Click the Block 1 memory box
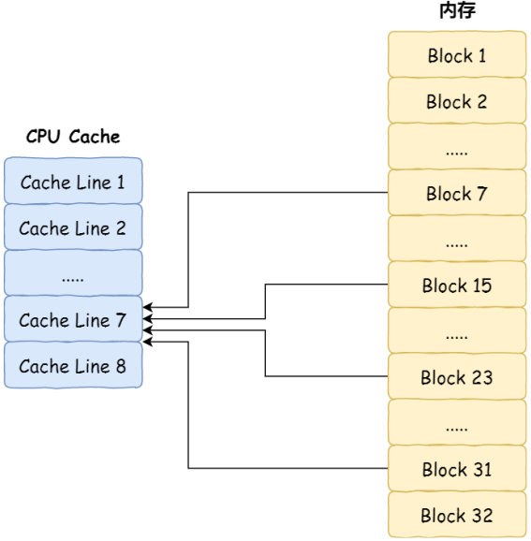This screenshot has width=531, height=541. click(x=457, y=54)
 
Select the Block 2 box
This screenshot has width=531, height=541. click(x=457, y=100)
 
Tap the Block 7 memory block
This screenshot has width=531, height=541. click(x=457, y=193)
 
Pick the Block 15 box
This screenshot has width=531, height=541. click(x=457, y=285)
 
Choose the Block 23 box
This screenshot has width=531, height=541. click(x=457, y=376)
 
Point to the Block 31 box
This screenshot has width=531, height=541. click(x=457, y=468)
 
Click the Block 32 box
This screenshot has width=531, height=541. click(x=457, y=515)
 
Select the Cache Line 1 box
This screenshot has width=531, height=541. click(x=73, y=181)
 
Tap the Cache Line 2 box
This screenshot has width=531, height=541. click(x=73, y=227)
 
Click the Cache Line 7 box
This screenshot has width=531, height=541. click(x=73, y=319)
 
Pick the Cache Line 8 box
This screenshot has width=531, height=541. click(x=73, y=365)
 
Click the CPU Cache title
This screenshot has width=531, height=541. click(x=73, y=137)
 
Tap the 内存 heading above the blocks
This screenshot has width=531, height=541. click(x=457, y=10)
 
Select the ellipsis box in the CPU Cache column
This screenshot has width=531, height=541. click(x=73, y=273)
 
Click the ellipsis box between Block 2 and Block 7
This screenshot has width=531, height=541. click(x=457, y=146)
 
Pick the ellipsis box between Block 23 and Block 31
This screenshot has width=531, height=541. click(x=457, y=422)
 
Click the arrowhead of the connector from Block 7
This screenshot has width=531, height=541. click(x=147, y=307)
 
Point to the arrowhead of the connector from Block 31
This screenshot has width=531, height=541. click(x=147, y=342)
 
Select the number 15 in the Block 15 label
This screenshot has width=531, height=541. click(x=482, y=285)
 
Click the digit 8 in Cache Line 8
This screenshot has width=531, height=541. click(x=121, y=366)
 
